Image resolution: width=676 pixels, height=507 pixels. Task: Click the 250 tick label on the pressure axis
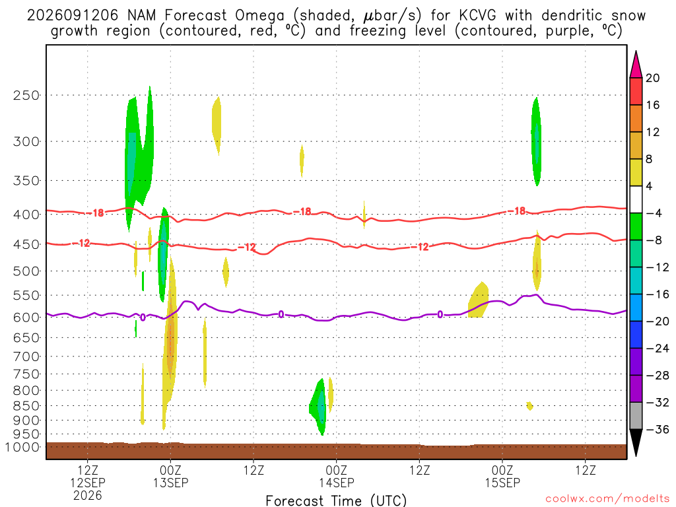[26, 95]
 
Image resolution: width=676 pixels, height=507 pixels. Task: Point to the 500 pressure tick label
[26, 271]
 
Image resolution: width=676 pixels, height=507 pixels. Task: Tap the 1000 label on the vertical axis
[22, 447]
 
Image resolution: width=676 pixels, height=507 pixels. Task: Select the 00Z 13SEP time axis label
[171, 476]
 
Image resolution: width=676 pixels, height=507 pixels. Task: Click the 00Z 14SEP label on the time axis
[337, 476]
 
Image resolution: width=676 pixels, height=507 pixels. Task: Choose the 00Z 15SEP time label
[502, 476]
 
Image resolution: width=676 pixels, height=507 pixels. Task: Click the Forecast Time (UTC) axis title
[336, 500]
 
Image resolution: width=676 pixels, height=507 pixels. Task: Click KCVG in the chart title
[477, 16]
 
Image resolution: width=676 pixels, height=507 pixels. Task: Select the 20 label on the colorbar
[652, 78]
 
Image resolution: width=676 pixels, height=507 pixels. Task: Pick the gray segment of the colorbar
[636, 416]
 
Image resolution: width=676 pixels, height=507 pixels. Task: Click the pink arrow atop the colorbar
[636, 65]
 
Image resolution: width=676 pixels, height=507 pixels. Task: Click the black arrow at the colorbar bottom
[636, 443]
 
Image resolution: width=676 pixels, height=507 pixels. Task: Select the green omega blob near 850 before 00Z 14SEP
[319, 406]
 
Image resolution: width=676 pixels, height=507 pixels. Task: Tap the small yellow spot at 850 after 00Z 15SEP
[530, 406]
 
